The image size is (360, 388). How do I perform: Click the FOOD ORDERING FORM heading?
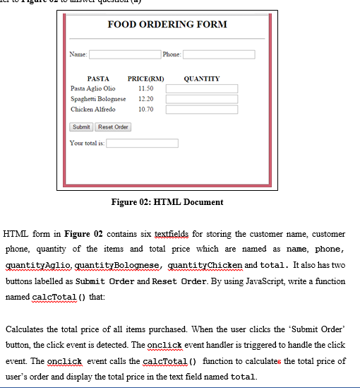167,24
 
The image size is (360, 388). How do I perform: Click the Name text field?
124,54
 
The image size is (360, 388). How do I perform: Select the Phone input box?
219,54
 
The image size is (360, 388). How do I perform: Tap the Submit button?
81,127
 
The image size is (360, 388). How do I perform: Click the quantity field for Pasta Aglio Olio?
202,89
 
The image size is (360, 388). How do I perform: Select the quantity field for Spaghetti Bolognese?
202,99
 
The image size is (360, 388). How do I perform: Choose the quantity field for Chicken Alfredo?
202,110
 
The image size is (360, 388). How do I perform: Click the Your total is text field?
142,143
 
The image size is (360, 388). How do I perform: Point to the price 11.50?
146,89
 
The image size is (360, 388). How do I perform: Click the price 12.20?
146,99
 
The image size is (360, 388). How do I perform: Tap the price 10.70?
146,110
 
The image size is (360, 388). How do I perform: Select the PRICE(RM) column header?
145,78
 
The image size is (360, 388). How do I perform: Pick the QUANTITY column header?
201,78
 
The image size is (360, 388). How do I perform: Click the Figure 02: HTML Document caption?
167,202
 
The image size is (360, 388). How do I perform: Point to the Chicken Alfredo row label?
92,110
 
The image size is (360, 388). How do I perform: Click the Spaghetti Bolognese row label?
98,99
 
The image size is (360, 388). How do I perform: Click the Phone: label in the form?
172,54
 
